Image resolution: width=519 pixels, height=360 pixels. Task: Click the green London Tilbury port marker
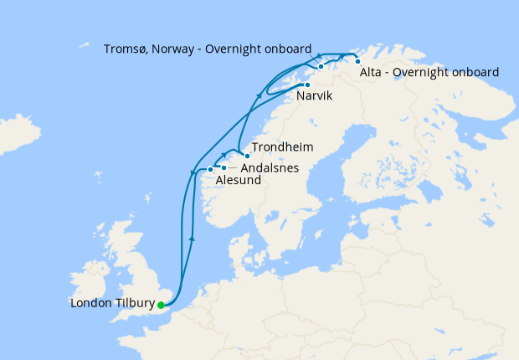point(161,305)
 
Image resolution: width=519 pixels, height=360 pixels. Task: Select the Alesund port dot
point(210,169)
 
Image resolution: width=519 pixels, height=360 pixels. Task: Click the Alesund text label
point(238,180)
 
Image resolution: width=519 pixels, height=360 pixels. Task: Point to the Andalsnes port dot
point(224,168)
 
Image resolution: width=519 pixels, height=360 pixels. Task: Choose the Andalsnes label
point(270,167)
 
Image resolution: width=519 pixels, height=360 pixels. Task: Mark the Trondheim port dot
point(247,156)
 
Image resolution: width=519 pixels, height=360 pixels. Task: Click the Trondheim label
point(282,147)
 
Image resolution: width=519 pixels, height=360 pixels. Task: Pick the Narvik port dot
point(307,85)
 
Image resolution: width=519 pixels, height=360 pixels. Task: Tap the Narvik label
point(315,98)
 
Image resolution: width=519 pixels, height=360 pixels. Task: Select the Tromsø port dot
point(321,65)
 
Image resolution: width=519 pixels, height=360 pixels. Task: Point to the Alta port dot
point(357,61)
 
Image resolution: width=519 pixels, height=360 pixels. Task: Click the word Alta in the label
point(371,72)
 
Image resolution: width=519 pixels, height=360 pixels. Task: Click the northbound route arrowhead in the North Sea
point(193,239)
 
